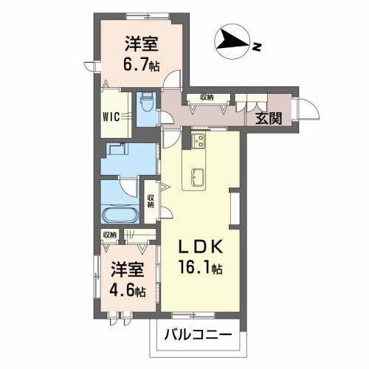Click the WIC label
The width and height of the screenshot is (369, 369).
112,114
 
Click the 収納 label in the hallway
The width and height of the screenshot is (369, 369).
206,97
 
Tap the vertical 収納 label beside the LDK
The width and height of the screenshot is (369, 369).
151,200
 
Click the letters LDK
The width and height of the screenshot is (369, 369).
203,247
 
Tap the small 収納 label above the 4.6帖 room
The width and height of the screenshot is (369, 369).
110,235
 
